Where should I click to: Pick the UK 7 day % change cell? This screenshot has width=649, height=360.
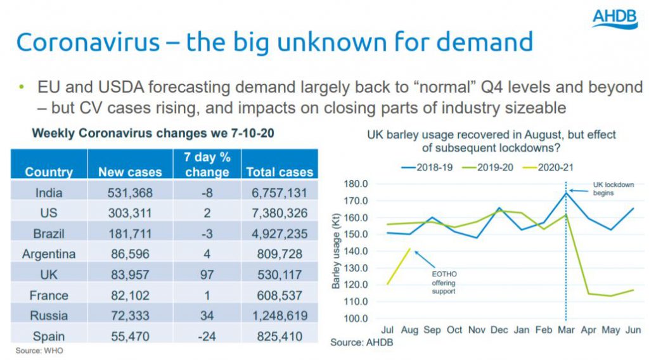206,274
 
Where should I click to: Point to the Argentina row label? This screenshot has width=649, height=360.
49,254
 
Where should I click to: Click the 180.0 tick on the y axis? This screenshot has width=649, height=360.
355,184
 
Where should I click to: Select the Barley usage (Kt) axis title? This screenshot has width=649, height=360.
336,251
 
